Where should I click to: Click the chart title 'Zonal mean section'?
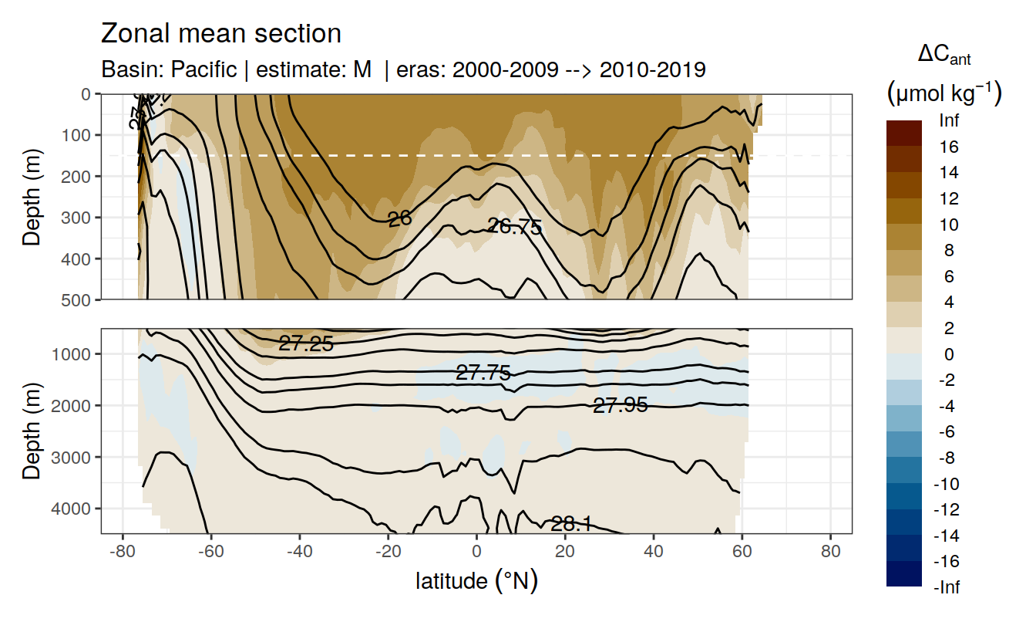220,34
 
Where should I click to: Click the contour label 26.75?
515,226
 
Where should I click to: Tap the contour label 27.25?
306,344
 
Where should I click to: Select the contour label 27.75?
483,373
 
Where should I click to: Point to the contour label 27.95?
620,404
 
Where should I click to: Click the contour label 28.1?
571,524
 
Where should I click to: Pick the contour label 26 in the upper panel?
399,219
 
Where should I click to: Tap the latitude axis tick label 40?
654,553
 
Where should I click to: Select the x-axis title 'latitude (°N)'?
476,580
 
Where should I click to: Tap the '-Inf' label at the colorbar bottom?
948,587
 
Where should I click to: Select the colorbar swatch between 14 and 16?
903,160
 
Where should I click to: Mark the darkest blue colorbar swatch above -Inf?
903,573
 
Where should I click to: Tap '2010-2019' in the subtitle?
652,69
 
